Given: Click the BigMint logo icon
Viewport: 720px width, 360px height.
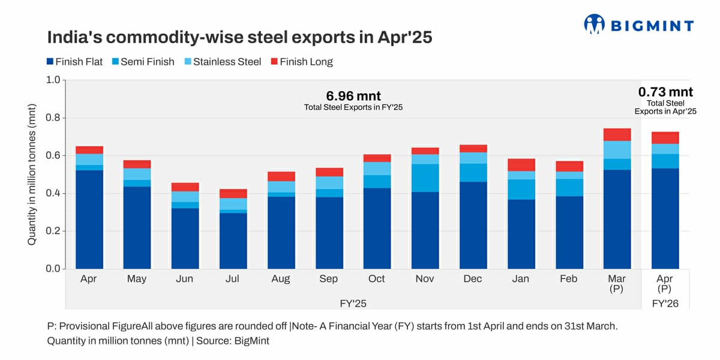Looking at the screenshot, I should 594,24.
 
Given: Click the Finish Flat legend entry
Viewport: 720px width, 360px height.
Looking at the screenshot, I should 74,61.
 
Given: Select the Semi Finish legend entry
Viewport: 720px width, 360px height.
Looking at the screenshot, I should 143,61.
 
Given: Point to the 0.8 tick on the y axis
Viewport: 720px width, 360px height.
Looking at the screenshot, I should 53,118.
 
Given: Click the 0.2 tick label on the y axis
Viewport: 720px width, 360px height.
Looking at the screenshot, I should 53,231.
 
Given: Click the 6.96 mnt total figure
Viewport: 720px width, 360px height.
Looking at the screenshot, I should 353,96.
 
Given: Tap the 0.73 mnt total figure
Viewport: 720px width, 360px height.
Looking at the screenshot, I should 665,92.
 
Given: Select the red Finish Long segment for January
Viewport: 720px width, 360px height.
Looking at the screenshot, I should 521,165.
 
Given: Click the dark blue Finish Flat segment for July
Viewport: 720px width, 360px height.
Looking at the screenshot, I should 233,240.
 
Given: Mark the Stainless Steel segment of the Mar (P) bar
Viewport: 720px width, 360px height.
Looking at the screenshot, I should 617,150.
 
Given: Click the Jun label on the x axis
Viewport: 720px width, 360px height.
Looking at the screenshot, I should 185,279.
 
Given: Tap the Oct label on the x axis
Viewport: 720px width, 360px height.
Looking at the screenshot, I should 377,279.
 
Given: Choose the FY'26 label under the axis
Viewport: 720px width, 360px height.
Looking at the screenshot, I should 665,304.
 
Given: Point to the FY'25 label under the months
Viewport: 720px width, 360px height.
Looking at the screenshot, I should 353,304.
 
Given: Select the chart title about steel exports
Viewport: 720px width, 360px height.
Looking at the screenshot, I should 239,37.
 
